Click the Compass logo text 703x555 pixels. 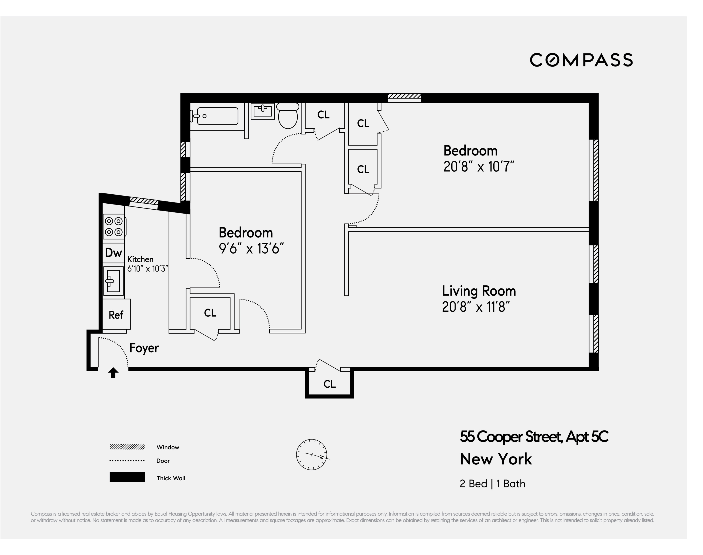(x=581, y=60)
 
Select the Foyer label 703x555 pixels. (x=144, y=348)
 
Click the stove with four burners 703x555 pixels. (x=114, y=227)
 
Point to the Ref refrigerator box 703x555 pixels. (x=116, y=314)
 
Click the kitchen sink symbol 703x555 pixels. (x=113, y=281)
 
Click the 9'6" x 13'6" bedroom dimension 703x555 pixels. (x=251, y=249)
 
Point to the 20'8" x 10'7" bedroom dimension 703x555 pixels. (x=478, y=167)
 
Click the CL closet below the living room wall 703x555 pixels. (x=329, y=384)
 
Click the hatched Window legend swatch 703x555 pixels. (x=127, y=447)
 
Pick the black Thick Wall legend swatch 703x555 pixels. (x=127, y=477)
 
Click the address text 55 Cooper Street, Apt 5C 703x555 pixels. (x=534, y=436)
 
